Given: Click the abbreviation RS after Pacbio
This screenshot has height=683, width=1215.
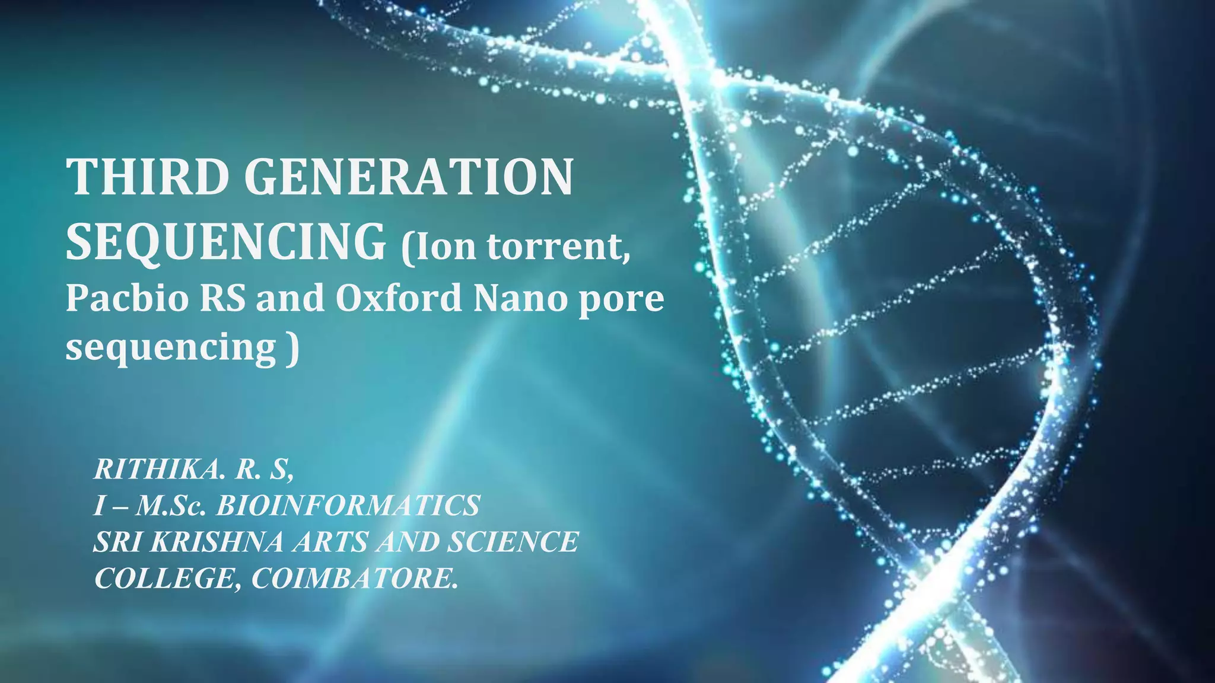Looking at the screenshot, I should coord(222,298).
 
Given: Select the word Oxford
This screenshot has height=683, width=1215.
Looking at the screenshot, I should coord(398,298).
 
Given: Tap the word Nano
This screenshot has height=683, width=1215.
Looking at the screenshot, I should coord(520,298).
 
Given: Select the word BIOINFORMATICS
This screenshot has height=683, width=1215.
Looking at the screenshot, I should coord(348,506).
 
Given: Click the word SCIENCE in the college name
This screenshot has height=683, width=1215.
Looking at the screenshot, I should coord(513,542).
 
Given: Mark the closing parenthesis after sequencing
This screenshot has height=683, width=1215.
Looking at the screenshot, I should coord(292,349).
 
